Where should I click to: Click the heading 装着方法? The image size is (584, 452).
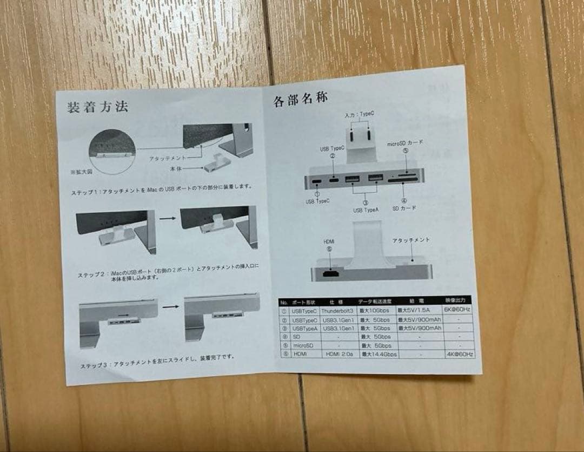tap(98, 107)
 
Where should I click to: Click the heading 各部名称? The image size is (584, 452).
tap(300, 100)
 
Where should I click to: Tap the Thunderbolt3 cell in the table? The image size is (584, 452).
tap(338, 311)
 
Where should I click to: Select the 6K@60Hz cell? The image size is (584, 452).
tap(457, 310)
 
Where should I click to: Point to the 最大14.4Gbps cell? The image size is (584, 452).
tap(379, 355)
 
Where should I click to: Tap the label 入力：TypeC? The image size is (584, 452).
tap(359, 115)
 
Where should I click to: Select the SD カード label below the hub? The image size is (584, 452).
tap(403, 208)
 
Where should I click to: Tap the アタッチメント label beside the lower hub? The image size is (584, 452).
tap(410, 240)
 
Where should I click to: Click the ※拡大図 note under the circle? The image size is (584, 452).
tap(81, 172)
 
